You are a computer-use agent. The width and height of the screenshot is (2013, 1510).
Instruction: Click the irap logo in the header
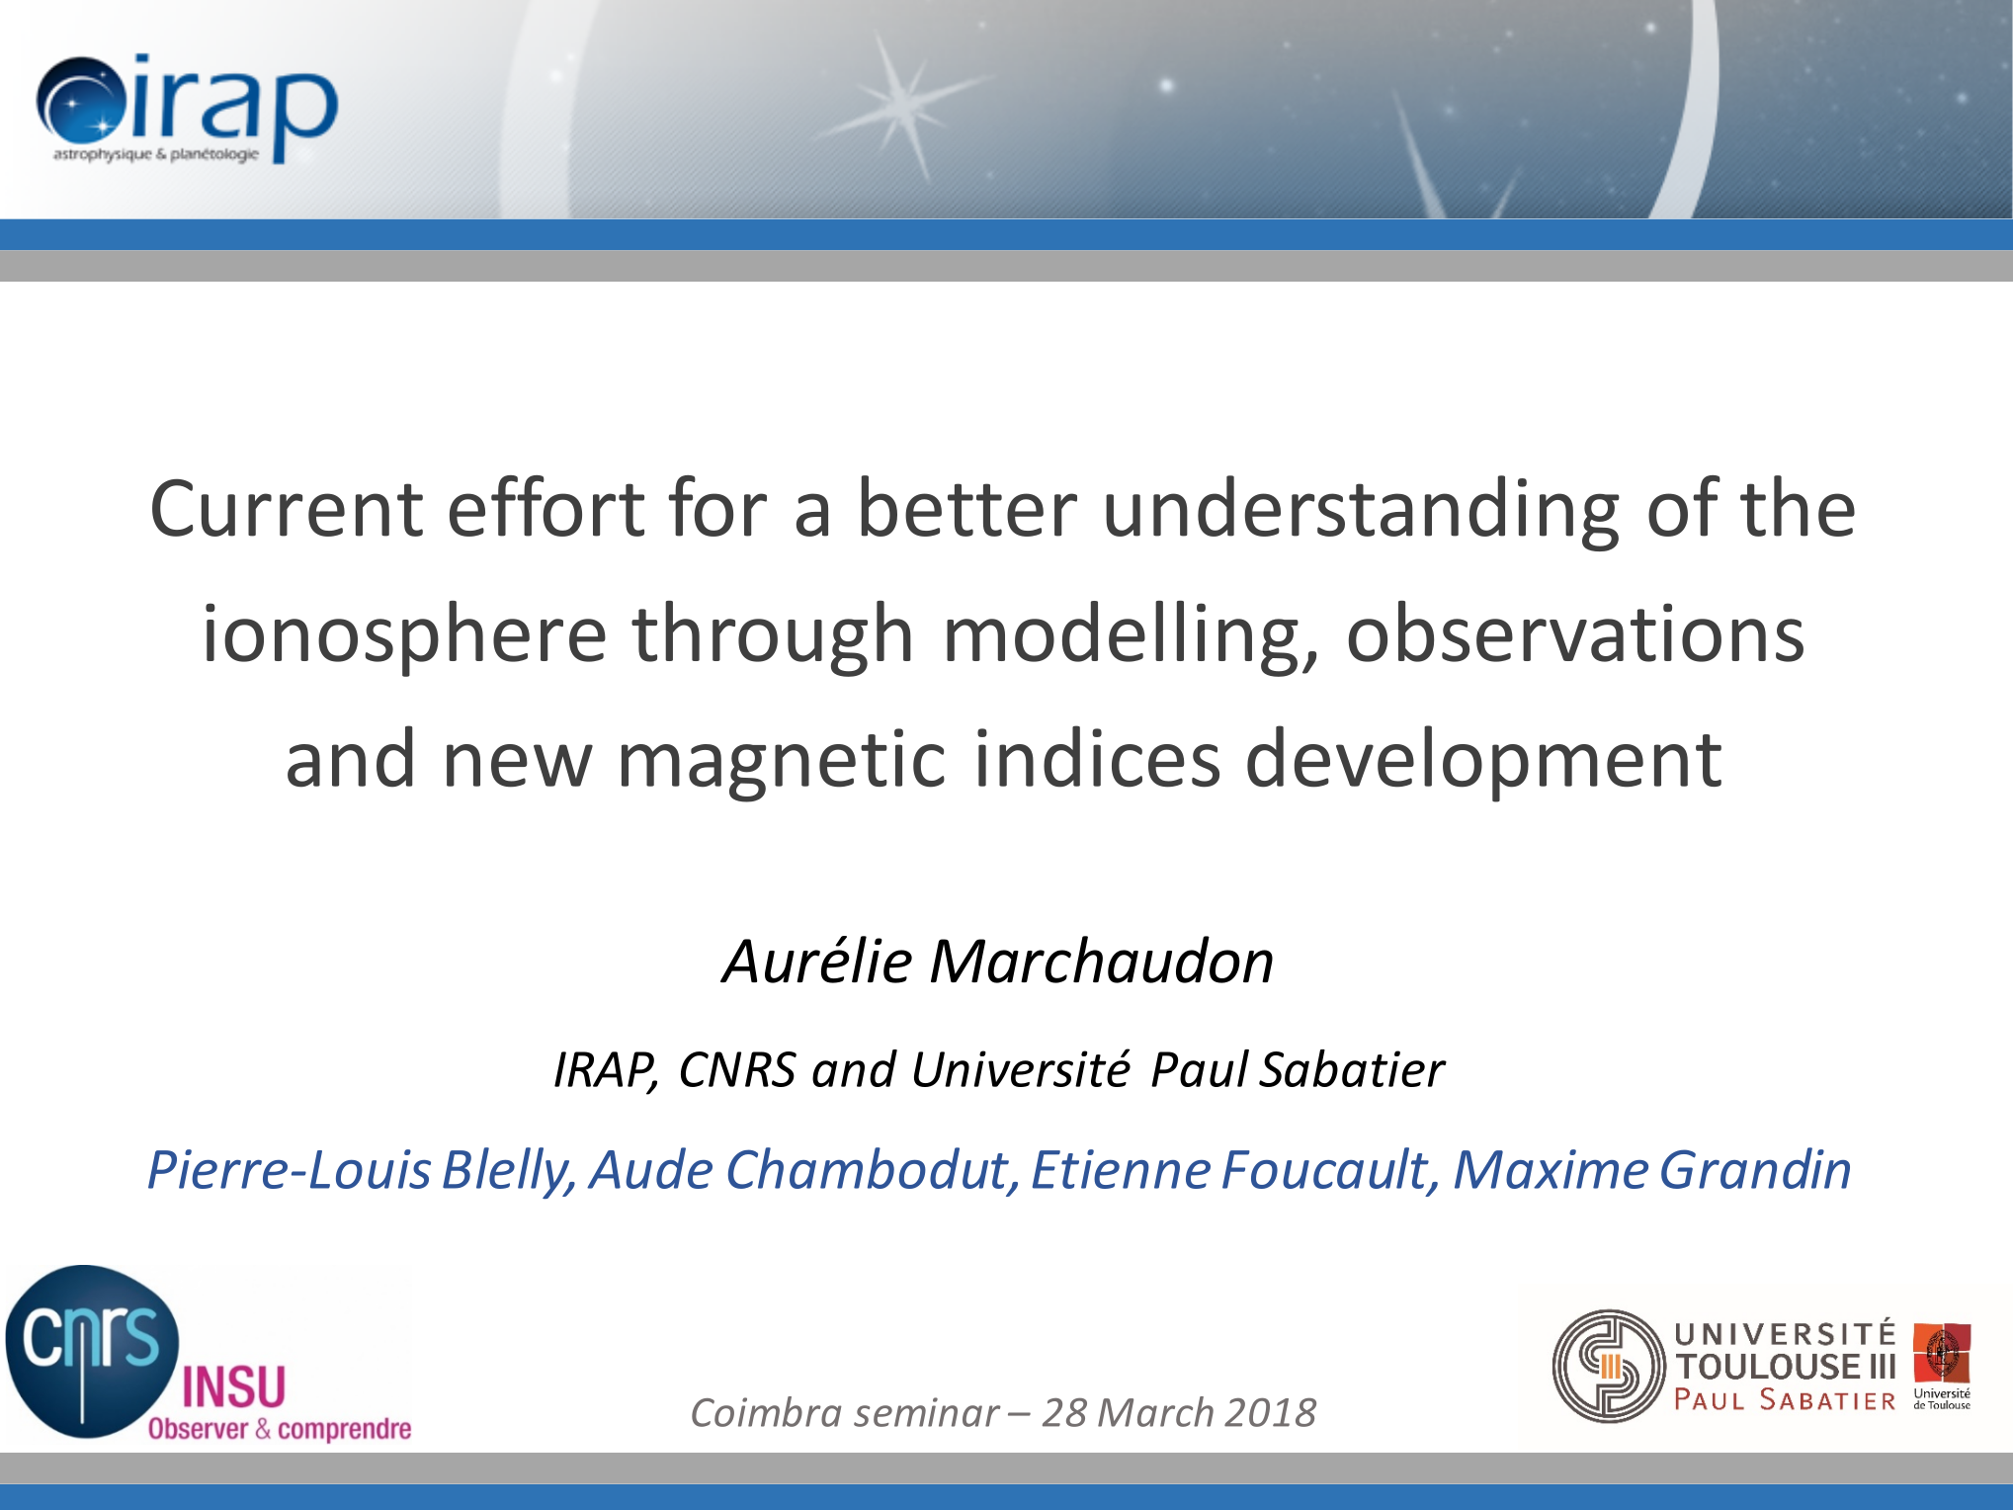[x=188, y=110]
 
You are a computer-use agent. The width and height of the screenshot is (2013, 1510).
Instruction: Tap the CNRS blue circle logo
[x=92, y=1351]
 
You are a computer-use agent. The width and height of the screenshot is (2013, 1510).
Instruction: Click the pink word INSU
[x=234, y=1386]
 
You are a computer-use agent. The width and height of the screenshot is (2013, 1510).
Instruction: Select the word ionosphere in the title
[x=403, y=633]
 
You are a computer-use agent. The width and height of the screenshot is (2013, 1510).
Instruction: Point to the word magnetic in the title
[x=782, y=759]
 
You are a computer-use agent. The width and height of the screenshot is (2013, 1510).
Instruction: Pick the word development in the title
[x=1483, y=759]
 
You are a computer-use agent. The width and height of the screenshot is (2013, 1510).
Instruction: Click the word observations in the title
[x=1575, y=633]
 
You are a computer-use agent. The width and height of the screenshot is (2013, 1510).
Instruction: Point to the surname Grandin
[x=1754, y=1170]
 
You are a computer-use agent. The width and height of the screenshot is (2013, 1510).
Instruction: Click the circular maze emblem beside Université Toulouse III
[x=1609, y=1367]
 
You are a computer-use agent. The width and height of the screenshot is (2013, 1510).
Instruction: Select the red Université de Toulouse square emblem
[x=1941, y=1353]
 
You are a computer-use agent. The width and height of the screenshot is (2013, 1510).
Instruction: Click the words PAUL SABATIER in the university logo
[x=1785, y=1399]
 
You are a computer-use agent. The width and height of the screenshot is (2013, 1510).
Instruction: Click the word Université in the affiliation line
[x=1020, y=1069]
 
